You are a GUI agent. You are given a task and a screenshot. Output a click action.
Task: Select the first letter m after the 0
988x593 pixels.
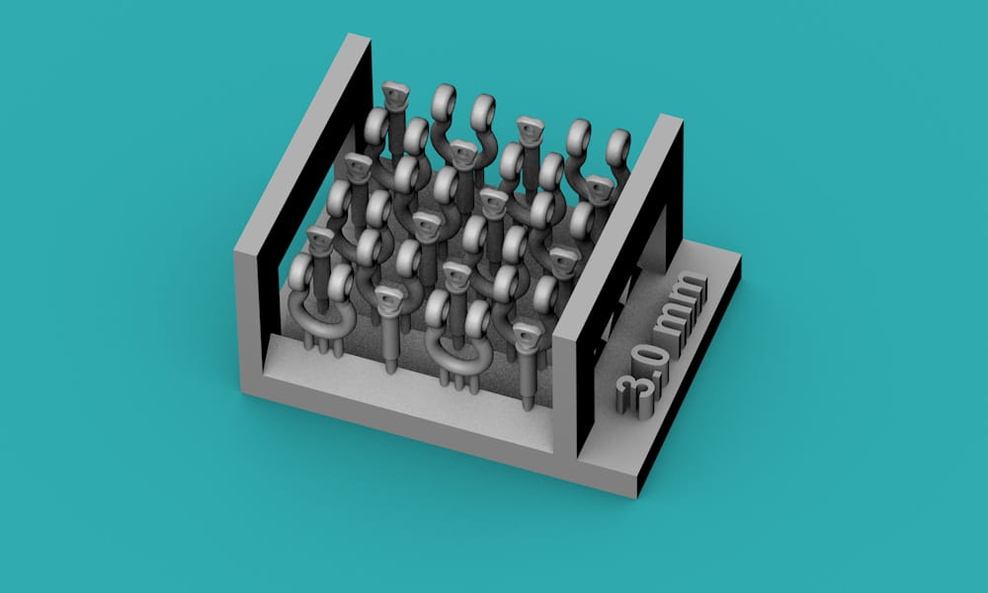tap(674, 320)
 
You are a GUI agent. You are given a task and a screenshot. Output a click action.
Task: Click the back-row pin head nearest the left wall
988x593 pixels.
tap(395, 95)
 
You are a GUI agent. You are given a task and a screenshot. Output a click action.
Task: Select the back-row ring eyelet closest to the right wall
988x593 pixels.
tap(617, 148)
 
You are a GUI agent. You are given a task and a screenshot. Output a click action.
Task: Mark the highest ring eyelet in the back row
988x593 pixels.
tap(445, 102)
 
